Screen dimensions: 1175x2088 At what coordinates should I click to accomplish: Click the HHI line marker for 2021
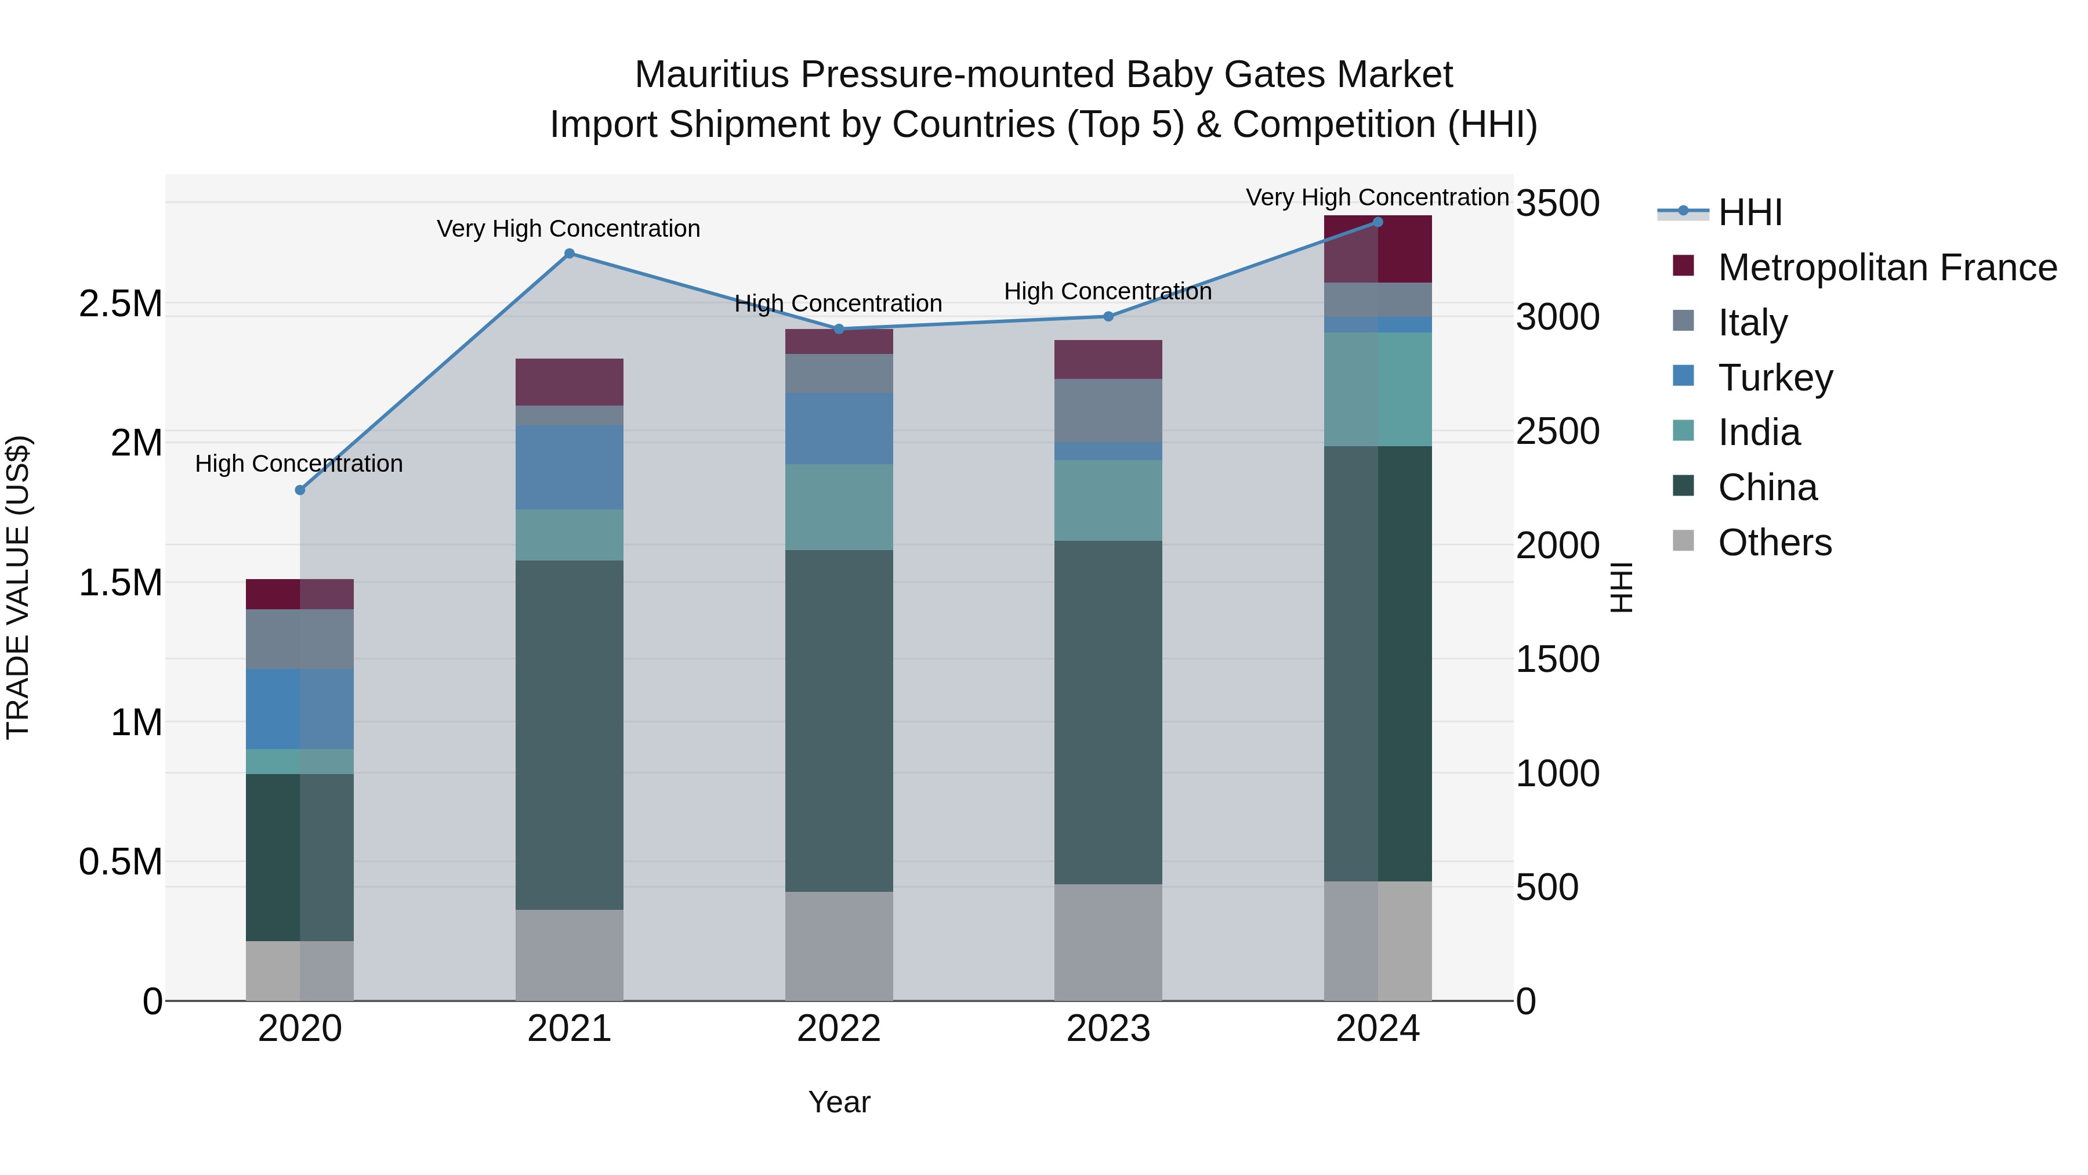tap(569, 254)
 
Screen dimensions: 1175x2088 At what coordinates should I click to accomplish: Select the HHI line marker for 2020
tap(300, 490)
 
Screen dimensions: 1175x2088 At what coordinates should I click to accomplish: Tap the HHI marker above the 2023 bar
tap(1108, 316)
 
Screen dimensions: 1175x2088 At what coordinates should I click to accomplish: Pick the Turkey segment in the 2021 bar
tap(569, 467)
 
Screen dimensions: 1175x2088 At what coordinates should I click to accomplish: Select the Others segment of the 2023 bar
tap(1108, 942)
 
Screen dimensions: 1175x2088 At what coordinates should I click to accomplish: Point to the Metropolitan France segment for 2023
tap(1108, 359)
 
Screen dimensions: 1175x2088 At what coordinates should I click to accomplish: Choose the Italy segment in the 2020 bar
tap(300, 639)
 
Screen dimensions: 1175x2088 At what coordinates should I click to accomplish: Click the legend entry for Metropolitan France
tap(1887, 267)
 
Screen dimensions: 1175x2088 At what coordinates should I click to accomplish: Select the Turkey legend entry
tap(1775, 378)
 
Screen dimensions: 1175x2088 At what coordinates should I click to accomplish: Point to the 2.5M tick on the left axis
tap(120, 304)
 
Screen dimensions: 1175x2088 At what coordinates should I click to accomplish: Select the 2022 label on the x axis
tap(839, 1029)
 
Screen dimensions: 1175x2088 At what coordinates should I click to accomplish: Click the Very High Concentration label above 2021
tap(568, 229)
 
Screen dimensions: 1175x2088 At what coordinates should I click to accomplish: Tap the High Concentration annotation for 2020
tap(299, 464)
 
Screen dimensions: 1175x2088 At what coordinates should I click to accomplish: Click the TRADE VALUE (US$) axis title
tap(19, 587)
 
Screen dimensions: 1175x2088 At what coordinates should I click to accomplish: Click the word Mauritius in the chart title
tap(712, 75)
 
